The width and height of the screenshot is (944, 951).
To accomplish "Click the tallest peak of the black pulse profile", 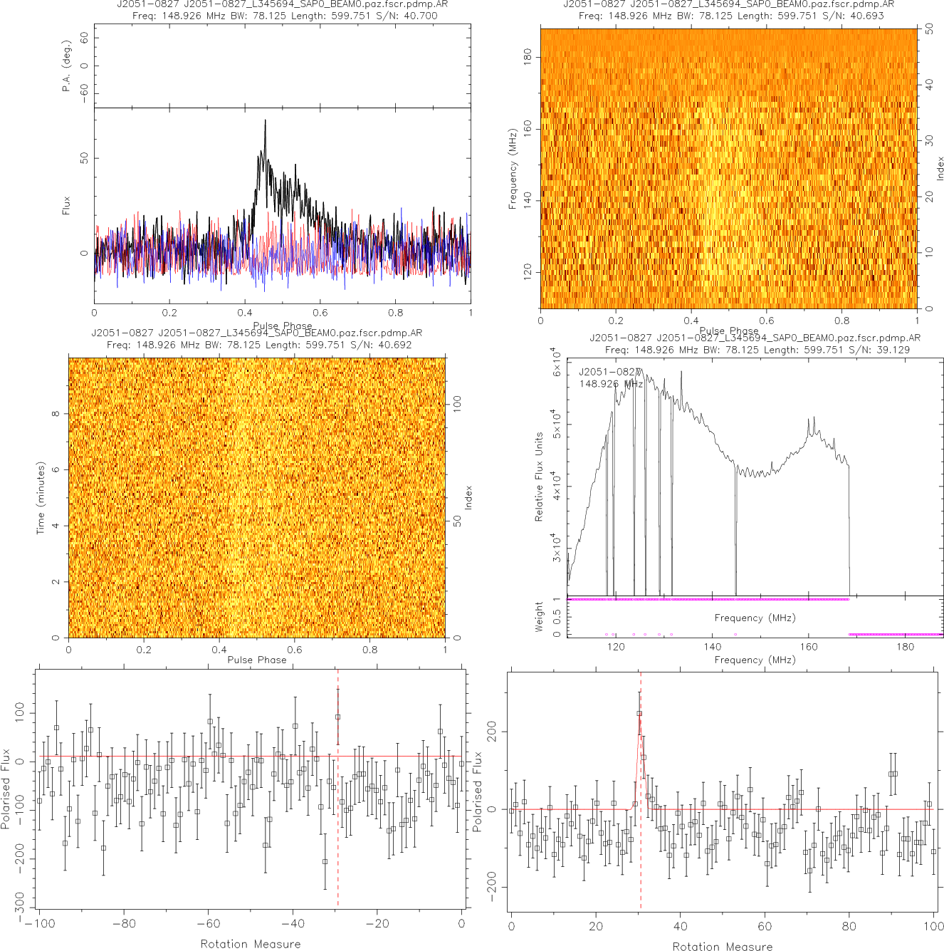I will [265, 121].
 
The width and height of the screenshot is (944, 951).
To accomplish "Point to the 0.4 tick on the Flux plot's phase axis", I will [245, 313].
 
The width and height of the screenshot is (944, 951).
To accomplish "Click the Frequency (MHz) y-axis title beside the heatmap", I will [512, 170].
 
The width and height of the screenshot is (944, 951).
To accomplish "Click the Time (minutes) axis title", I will [41, 498].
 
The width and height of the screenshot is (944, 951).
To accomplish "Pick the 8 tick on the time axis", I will [56, 414].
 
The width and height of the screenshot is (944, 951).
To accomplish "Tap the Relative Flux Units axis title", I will [539, 477].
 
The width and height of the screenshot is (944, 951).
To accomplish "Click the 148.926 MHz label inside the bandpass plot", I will [611, 384].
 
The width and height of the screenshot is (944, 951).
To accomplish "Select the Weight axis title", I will [538, 616].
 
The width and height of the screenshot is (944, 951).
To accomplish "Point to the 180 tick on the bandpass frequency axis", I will [905, 647].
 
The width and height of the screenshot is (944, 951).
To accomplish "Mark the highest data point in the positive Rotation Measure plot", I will [639, 713].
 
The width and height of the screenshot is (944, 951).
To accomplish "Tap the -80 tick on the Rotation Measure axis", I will [124, 924].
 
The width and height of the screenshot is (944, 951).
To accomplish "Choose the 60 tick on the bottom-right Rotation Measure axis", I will [765, 927].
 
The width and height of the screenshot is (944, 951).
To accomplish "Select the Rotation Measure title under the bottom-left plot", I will [251, 944].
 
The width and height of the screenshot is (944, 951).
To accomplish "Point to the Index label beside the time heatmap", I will [468, 497].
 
